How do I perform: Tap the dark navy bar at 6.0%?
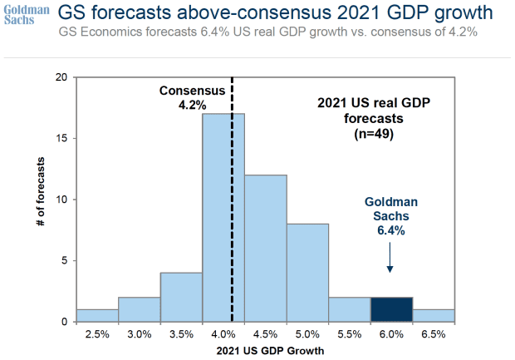pyautogui.click(x=391, y=309)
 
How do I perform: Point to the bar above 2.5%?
pyautogui.click(x=97, y=315)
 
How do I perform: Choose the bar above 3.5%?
pyautogui.click(x=181, y=297)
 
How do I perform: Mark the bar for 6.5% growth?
pyautogui.click(x=433, y=315)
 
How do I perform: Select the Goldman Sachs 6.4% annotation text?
pyautogui.click(x=390, y=216)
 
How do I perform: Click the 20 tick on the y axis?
pyautogui.click(x=61, y=77)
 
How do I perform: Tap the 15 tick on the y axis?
pyautogui.click(x=61, y=138)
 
